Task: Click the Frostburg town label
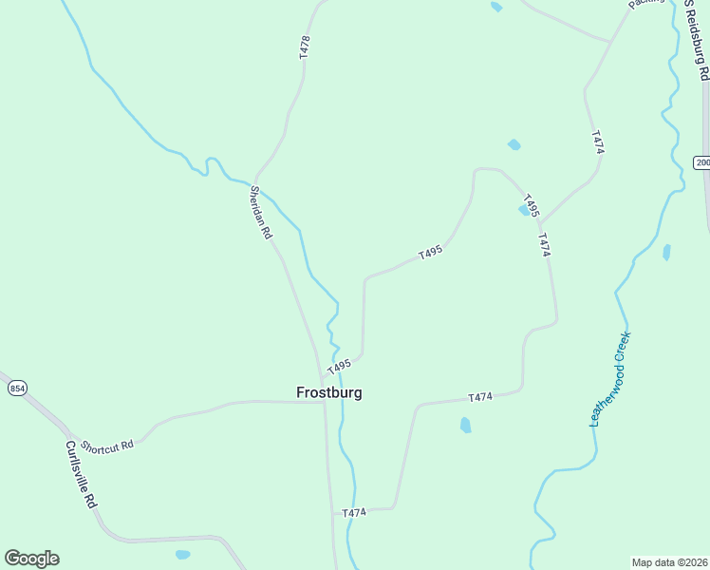tap(328, 392)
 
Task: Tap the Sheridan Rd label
tap(259, 212)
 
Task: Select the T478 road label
tap(304, 47)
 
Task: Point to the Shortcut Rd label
tap(106, 446)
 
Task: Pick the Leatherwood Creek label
tap(609, 379)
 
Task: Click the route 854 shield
tap(17, 389)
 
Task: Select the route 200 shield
tap(701, 162)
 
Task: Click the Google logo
tap(31, 559)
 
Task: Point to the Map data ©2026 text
tap(669, 562)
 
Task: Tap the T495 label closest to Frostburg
tap(339, 367)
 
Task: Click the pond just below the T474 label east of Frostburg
tap(465, 425)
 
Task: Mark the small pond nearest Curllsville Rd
tap(182, 554)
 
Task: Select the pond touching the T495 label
tap(524, 211)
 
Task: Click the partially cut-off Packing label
tap(643, 5)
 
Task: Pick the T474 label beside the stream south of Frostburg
tap(353, 513)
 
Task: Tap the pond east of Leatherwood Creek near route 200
tap(666, 252)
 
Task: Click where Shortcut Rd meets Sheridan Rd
tap(324, 401)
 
